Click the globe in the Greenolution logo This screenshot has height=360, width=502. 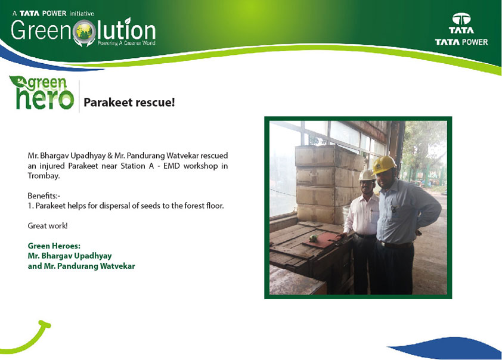point(84,32)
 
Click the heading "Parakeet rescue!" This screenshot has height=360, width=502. point(129,103)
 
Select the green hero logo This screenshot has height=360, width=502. point(42,93)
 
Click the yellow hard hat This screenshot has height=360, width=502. point(384,165)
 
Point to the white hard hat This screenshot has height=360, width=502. point(367,175)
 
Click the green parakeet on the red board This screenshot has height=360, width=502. point(313,238)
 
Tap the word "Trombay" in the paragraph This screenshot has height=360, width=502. point(43,176)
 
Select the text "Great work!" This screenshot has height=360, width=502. point(48,226)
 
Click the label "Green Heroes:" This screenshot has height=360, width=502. point(54,246)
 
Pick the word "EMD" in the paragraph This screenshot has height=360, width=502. point(171,166)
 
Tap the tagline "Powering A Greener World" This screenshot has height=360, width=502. point(126,43)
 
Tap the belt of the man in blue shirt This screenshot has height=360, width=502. point(395,245)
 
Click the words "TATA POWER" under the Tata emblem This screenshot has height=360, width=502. point(461,42)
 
